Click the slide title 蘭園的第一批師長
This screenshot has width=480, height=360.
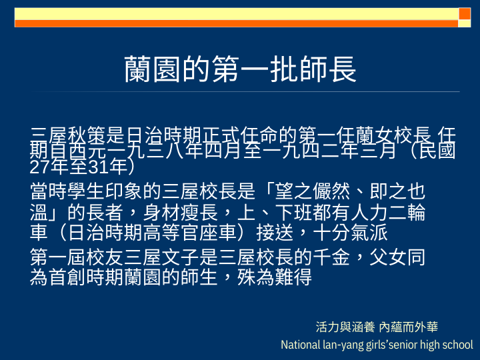tap(240, 69)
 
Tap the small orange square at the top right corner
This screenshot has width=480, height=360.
tap(465, 14)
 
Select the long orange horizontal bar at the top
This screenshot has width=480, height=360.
tap(236, 23)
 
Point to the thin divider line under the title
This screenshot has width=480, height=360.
tap(245, 91)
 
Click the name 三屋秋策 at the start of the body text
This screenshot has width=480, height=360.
tap(67, 135)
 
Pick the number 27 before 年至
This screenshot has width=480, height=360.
tap(40, 167)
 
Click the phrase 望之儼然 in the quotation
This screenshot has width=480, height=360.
tap(312, 191)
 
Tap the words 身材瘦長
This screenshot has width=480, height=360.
tap(180, 213)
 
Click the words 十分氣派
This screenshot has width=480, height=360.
tap(350, 233)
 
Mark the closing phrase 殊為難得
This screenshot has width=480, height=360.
tap(275, 277)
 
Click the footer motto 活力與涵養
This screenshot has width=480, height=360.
tap(345, 327)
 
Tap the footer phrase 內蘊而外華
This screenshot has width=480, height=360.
tap(409, 327)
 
